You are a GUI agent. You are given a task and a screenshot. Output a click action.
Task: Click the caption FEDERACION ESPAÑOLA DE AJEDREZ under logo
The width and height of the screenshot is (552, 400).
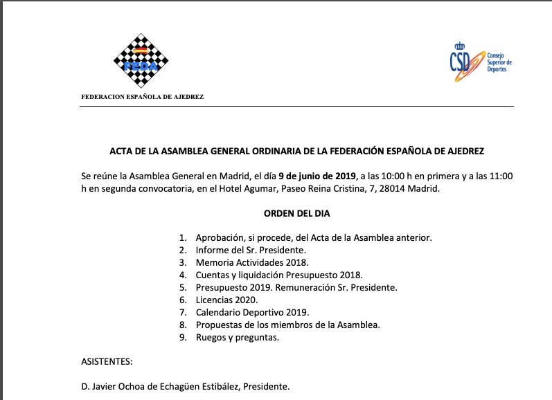143,97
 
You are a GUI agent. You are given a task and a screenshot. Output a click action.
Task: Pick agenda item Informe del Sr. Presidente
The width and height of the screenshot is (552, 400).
251,250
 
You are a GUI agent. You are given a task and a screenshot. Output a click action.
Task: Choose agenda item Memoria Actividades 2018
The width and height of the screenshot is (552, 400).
251,262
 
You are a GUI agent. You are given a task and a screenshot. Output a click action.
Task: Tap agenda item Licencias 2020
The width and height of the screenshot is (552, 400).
226,300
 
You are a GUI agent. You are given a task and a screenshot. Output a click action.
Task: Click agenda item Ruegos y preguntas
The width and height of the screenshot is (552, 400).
237,337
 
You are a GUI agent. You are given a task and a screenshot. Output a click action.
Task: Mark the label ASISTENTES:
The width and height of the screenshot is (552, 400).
107,361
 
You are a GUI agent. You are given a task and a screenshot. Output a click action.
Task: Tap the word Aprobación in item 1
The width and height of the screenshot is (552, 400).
220,237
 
